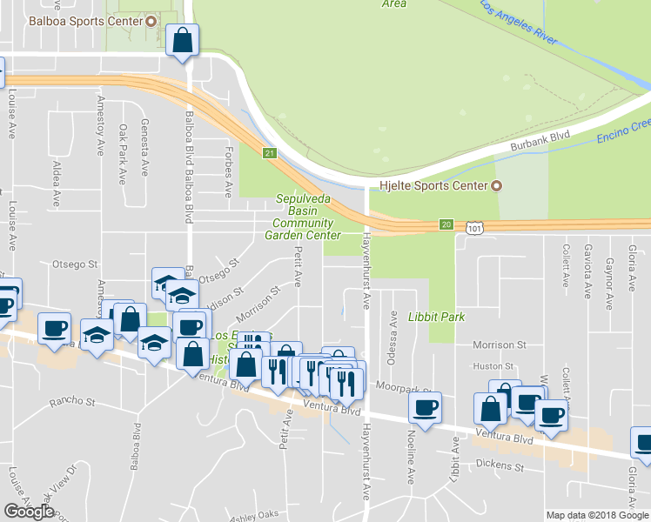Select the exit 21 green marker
point(270,154)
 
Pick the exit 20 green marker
point(446,224)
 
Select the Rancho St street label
point(72,401)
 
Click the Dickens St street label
point(500,467)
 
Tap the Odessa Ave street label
point(393,329)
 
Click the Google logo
point(30,512)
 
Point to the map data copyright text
point(597,515)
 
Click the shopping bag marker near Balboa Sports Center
point(182,40)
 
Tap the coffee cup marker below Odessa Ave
point(425,408)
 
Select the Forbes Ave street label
point(230,175)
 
